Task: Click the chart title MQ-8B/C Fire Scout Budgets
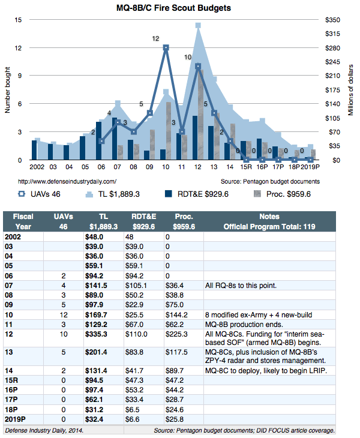[x=173, y=8]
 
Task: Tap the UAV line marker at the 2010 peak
[x=166, y=48]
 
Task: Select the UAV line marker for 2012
[x=198, y=67]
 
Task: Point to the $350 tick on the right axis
[x=332, y=20]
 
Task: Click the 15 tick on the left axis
[x=18, y=20]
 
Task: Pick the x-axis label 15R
[x=246, y=167]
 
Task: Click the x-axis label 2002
[x=37, y=167]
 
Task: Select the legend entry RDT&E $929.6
[x=197, y=194]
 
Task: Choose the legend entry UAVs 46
[x=40, y=194]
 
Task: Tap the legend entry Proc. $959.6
[x=282, y=194]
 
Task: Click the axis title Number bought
[x=8, y=90]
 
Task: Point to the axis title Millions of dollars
[x=350, y=90]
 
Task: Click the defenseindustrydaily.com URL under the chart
[x=67, y=182]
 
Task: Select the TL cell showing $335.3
[x=96, y=334]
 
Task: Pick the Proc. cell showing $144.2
[x=176, y=315]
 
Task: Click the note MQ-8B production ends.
[x=244, y=325]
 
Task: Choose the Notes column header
[x=269, y=217]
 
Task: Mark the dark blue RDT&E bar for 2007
[x=115, y=139]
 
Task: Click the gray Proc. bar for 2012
[x=200, y=115]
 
